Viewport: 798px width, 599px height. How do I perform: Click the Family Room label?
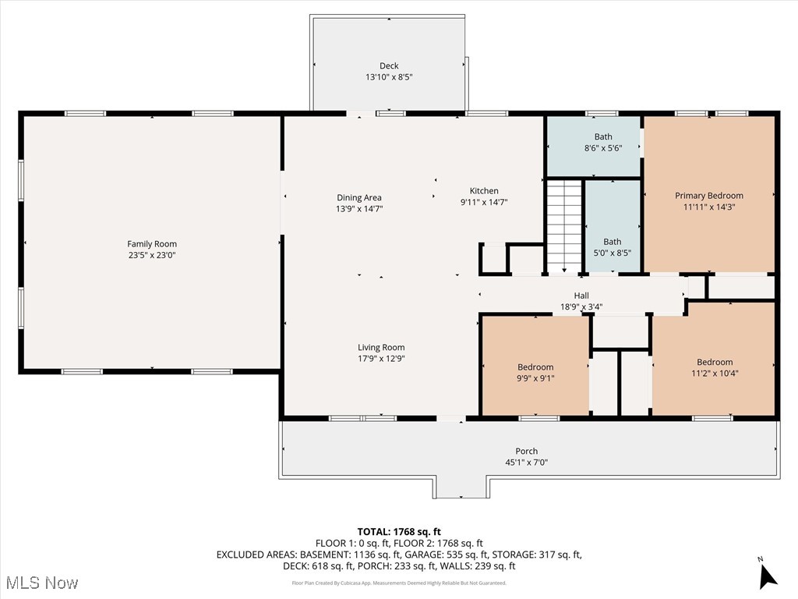point(153,244)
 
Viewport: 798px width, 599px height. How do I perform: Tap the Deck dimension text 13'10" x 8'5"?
point(389,77)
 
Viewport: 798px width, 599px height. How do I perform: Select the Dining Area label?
point(359,197)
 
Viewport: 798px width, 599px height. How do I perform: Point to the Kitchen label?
point(484,191)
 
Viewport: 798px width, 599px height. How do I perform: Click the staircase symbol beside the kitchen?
point(564,225)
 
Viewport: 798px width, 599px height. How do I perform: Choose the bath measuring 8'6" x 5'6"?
point(602,142)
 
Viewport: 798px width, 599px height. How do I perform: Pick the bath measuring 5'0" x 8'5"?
point(612,247)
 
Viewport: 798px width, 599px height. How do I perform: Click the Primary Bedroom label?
point(708,196)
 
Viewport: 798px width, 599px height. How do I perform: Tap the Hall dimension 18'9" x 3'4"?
point(581,307)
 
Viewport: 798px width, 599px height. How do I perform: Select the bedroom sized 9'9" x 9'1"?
point(535,373)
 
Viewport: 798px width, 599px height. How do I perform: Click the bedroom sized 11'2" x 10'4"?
point(715,367)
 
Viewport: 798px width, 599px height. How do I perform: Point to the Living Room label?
point(381,348)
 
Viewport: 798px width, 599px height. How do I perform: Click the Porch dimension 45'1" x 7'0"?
point(526,462)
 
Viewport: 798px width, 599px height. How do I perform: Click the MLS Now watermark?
point(42,583)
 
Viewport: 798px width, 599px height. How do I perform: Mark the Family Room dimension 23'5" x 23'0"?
point(153,255)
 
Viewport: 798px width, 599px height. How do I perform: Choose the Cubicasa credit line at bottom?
point(399,583)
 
